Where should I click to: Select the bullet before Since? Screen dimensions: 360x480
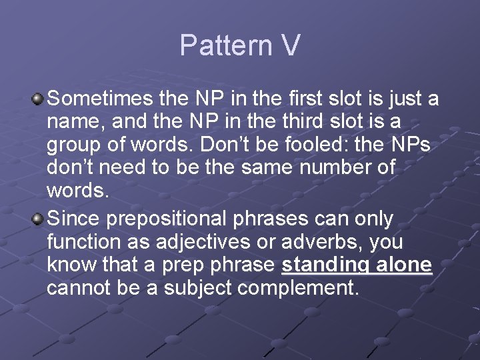pyautogui.click(x=39, y=219)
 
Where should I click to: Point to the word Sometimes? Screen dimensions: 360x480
pyautogui.click(x=101, y=99)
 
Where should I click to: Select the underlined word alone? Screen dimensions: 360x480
pyautogui.click(x=404, y=265)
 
